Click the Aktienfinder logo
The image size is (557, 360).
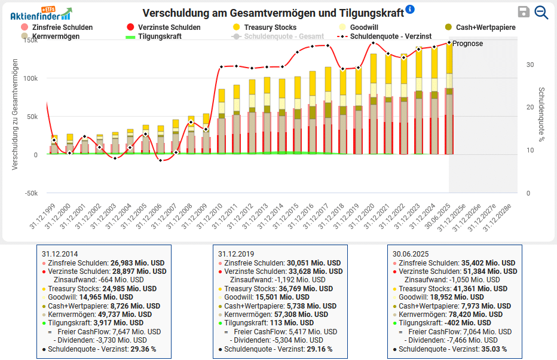point(41,13)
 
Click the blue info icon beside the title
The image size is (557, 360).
point(409,9)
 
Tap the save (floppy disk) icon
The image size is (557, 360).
point(524,12)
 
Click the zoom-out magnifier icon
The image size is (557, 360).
point(541,12)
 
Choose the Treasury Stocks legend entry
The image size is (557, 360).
point(270,28)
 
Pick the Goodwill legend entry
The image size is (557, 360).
point(363,28)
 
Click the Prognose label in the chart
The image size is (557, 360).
point(467,44)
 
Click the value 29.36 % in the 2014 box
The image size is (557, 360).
point(143,349)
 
